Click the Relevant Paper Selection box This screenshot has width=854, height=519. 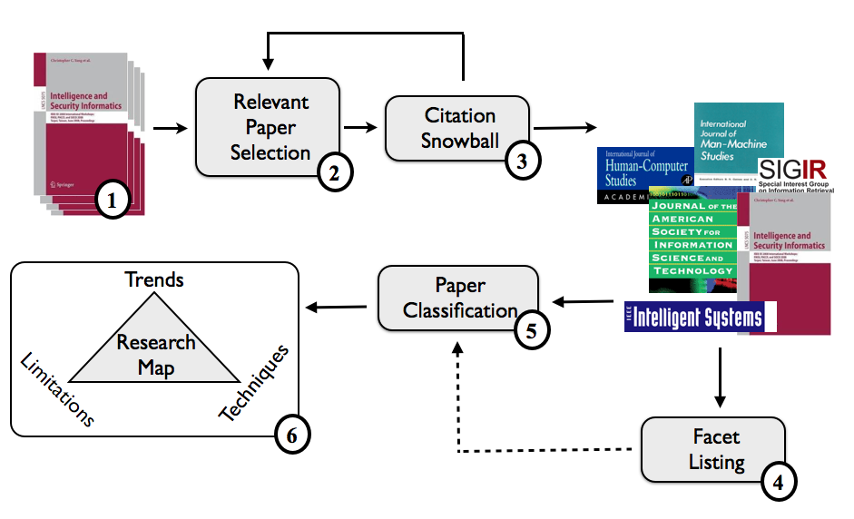(x=269, y=126)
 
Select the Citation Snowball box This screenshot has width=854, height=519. (x=457, y=128)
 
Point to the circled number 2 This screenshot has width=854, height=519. (x=334, y=172)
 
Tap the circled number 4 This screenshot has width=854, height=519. (x=777, y=482)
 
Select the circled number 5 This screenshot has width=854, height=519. (x=533, y=331)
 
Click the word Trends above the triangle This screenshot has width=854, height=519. (x=155, y=279)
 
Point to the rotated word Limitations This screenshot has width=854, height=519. (x=56, y=389)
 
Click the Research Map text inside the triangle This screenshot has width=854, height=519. (x=155, y=354)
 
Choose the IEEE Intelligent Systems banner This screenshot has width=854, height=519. (x=694, y=318)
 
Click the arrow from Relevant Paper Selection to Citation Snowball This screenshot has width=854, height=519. (x=361, y=128)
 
